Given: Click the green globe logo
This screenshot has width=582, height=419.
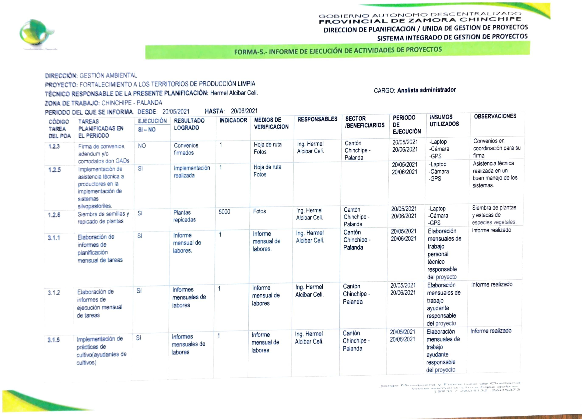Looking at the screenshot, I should point(36,32).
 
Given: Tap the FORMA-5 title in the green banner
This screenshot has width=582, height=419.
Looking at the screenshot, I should point(338,50).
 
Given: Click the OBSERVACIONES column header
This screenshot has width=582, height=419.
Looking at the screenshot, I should point(495,116).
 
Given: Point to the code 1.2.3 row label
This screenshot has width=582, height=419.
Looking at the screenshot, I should point(54,147).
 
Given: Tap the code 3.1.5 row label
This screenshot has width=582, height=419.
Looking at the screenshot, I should point(54,340).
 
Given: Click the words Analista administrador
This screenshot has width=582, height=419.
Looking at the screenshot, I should point(427,90).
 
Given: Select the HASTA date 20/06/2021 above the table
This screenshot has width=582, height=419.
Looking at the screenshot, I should point(244,111).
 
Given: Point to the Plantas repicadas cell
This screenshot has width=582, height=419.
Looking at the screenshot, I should point(184,216).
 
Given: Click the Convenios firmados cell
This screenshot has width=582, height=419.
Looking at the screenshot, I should point(186,149).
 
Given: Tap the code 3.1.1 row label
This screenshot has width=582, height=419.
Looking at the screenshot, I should point(54,238).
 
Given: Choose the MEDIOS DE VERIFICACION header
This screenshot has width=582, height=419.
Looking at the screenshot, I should point(271,123).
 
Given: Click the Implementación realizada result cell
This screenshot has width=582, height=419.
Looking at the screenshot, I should point(192,172).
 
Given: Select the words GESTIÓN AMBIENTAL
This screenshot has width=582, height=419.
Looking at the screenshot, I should point(108,75).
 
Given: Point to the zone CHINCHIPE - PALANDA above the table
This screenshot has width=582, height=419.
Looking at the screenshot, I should point(132,103).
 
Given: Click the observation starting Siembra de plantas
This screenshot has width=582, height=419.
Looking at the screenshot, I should point(494,215).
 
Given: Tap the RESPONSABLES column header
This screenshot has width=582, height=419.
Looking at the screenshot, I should point(317,119).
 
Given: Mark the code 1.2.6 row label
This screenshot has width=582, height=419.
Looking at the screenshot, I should point(54,215).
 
